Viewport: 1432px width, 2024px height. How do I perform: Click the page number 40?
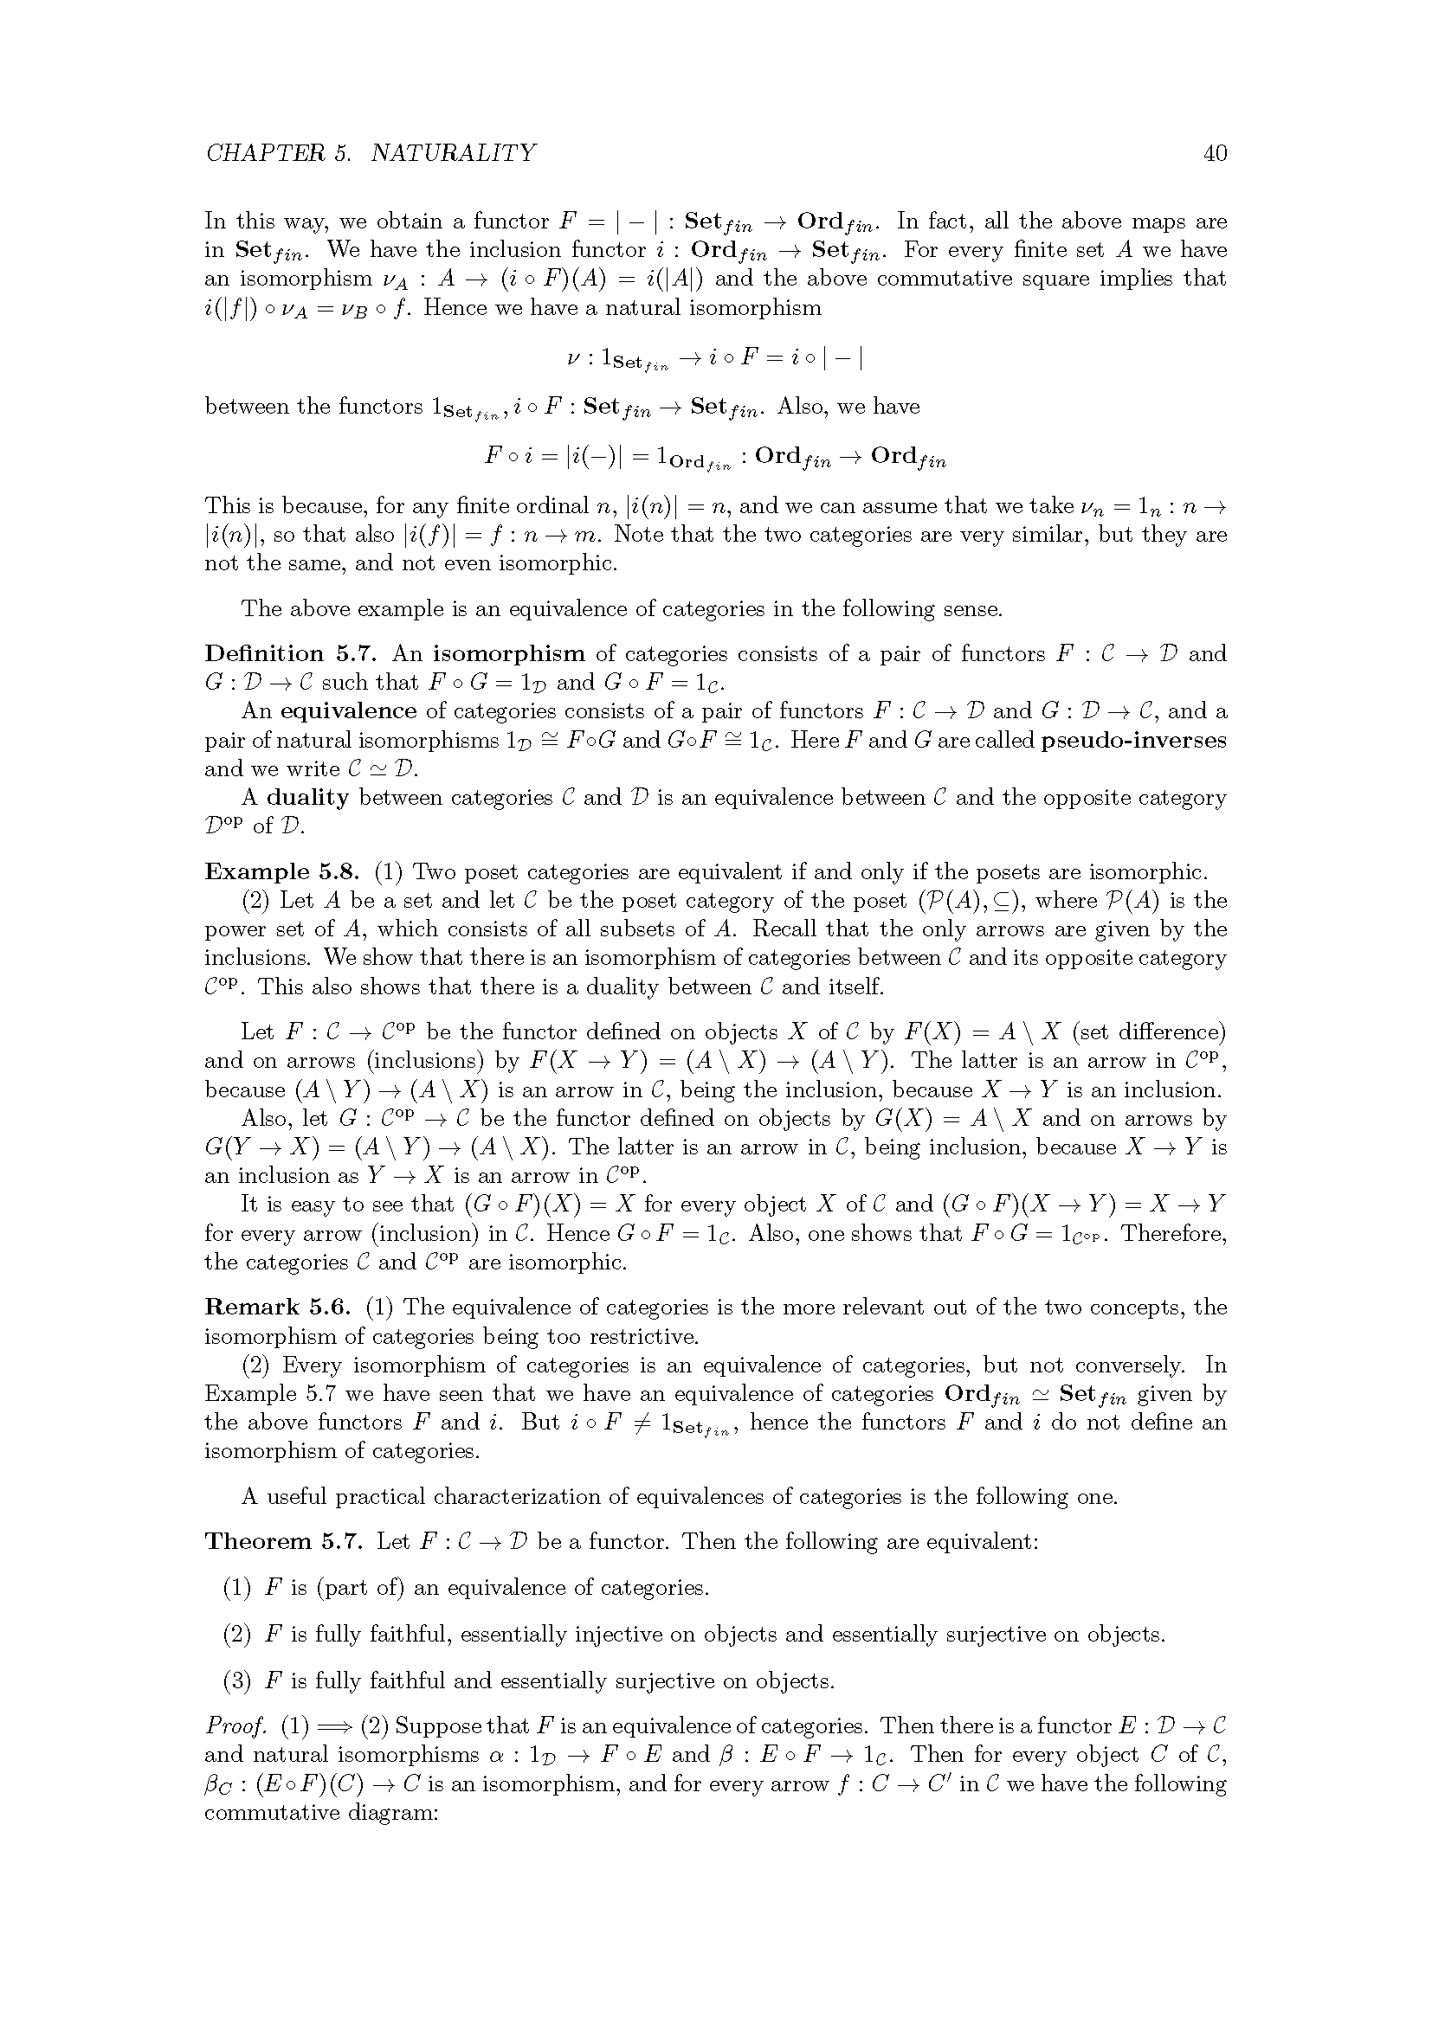(x=1214, y=153)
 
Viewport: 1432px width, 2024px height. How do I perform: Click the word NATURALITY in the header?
(x=452, y=153)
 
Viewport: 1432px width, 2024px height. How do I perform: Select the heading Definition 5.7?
(x=291, y=653)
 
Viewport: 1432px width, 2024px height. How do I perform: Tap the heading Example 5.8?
(x=282, y=872)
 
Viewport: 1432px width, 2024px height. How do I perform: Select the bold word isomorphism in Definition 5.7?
(x=508, y=653)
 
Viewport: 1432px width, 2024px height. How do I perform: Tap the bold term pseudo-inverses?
(x=1133, y=740)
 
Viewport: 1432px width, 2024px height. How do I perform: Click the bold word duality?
(x=306, y=797)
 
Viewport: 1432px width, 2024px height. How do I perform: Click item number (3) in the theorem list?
(x=236, y=1680)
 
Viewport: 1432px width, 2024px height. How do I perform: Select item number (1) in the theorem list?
(x=236, y=1588)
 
